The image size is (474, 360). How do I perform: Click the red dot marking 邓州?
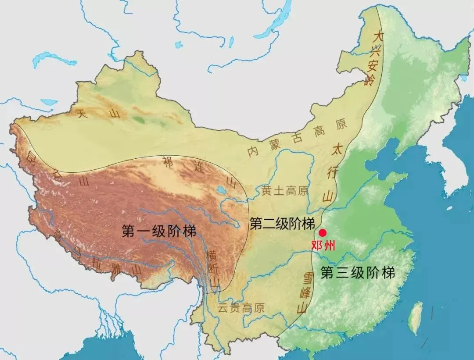[x=323, y=233]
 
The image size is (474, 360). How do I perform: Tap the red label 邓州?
[x=323, y=246]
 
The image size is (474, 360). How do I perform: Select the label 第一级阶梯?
[x=159, y=232]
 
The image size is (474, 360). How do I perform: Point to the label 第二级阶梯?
[x=282, y=224]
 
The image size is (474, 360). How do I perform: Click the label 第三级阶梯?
[x=358, y=273]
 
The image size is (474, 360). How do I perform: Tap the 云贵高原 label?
[x=241, y=308]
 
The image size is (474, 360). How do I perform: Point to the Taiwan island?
[x=415, y=318]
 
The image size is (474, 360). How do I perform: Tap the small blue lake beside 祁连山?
[x=220, y=190]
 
